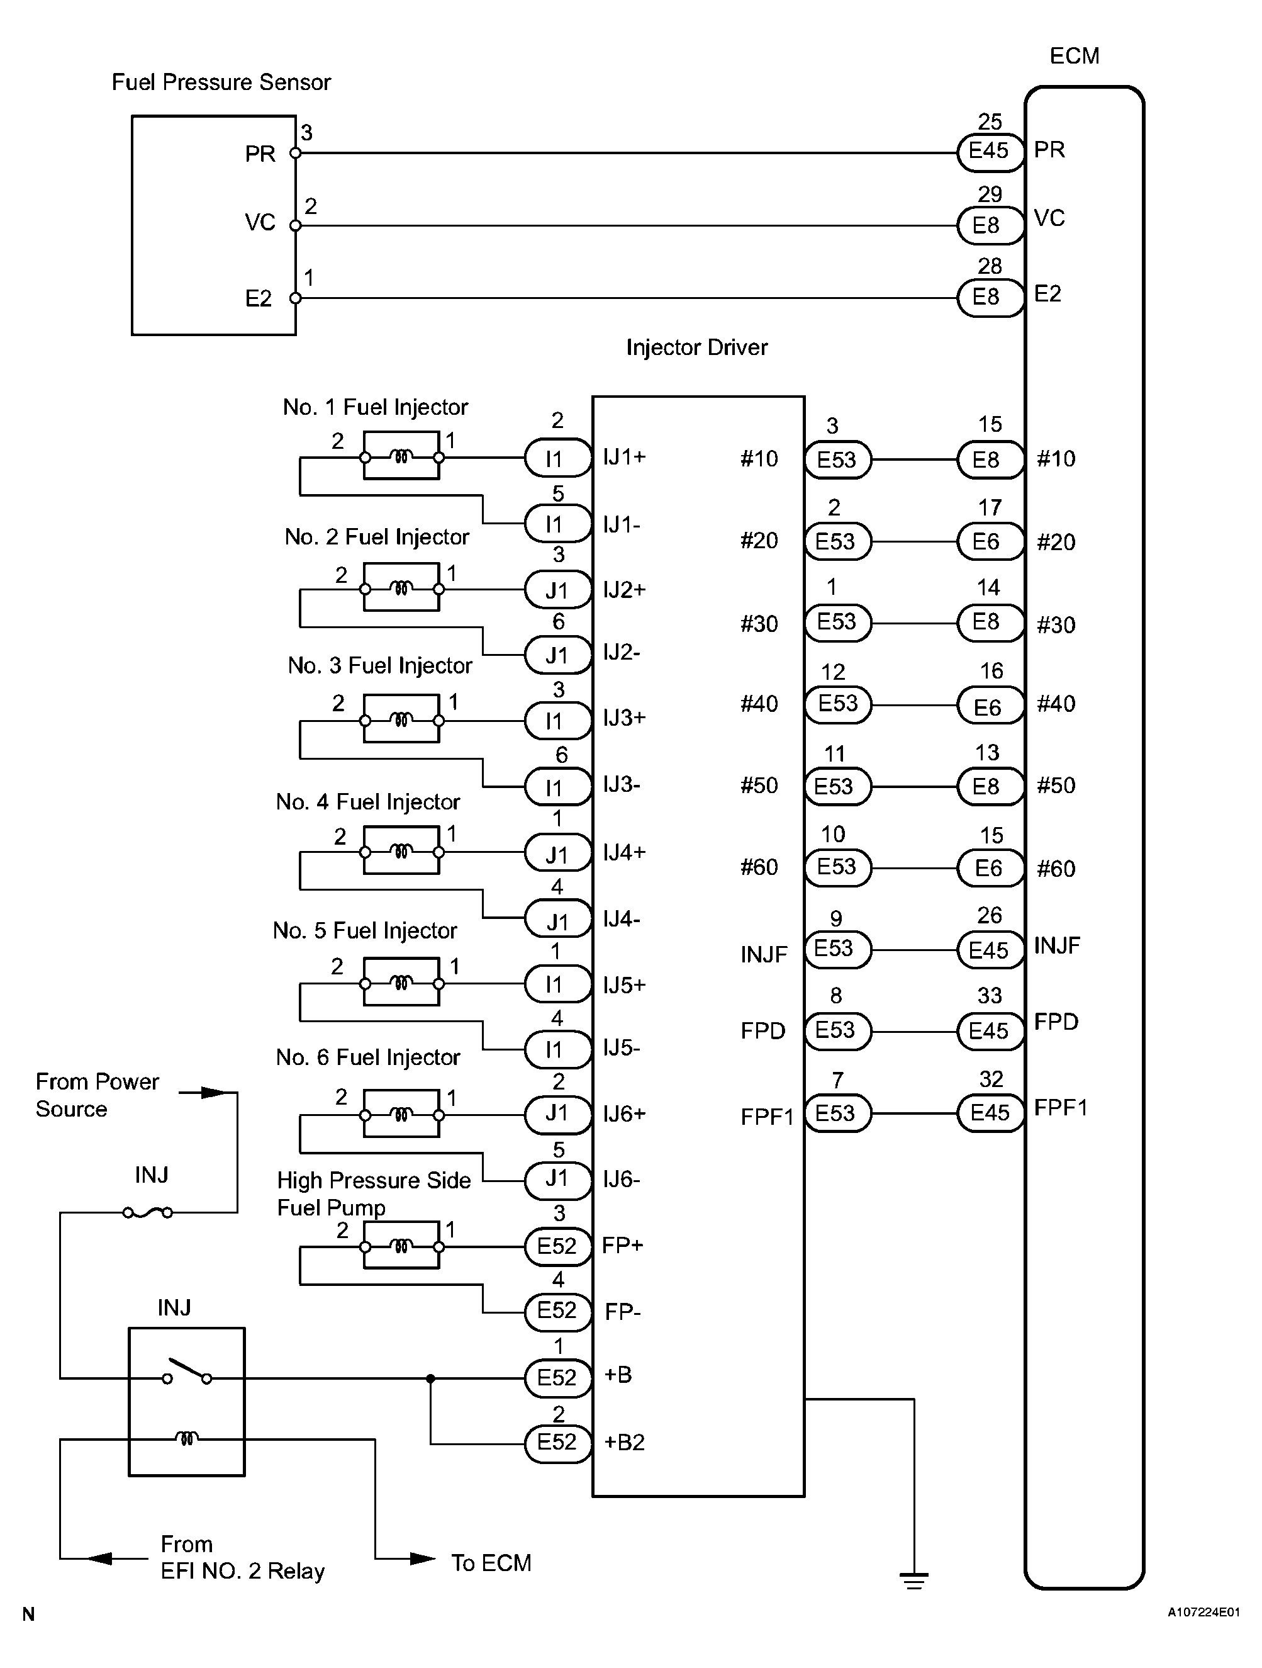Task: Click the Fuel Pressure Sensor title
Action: point(221,82)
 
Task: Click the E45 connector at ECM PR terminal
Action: point(989,151)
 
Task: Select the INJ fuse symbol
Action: point(148,1212)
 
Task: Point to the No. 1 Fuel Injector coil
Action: point(401,456)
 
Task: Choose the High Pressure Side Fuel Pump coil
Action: point(401,1245)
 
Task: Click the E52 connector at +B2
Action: point(557,1443)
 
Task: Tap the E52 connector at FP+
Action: point(557,1246)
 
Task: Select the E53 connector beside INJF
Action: point(837,949)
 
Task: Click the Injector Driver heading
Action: point(696,347)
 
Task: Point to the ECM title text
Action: point(1075,56)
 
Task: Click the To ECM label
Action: point(491,1563)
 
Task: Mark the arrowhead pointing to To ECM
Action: point(423,1558)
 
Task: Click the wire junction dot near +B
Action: point(430,1378)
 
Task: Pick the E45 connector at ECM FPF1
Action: point(989,1113)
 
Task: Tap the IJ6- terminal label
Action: point(621,1180)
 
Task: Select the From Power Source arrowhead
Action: point(213,1093)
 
